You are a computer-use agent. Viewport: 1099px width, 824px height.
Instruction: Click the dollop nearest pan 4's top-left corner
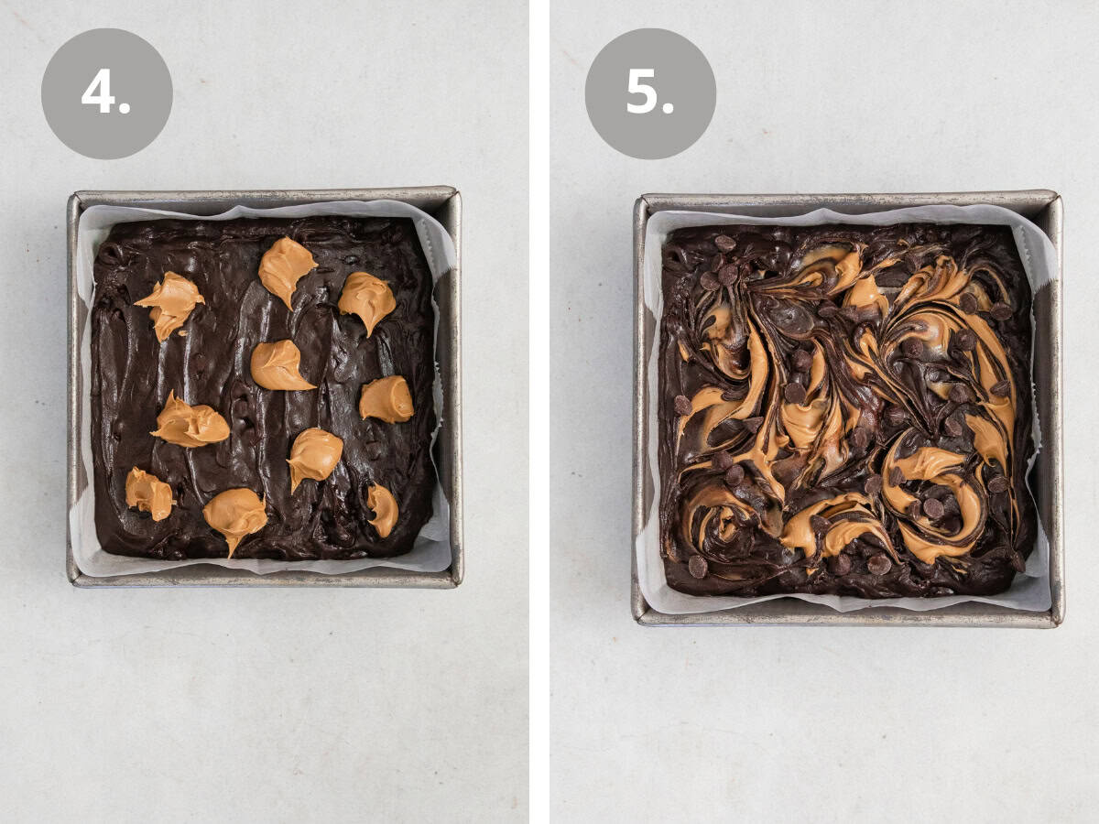point(170,303)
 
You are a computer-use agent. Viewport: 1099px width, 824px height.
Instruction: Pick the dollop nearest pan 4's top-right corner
point(367,300)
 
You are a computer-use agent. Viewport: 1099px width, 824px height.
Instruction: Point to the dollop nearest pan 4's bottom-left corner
point(149,493)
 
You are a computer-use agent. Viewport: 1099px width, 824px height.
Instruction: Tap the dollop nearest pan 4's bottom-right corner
point(383,510)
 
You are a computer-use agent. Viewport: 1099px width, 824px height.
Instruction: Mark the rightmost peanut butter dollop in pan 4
point(386,399)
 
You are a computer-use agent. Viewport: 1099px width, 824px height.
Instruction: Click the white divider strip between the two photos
point(539,412)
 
